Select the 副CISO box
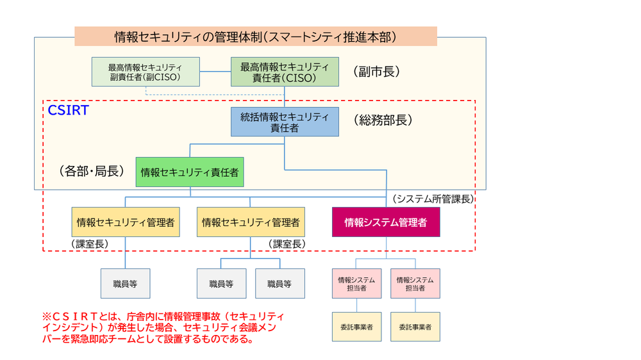(146, 72)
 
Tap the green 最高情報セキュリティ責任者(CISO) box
(285, 72)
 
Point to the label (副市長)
(376, 72)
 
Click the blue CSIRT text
(68, 110)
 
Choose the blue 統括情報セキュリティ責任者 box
(285, 122)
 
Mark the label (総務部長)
(383, 120)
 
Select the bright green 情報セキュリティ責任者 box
(190, 172)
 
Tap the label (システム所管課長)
(433, 199)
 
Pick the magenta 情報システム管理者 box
(386, 222)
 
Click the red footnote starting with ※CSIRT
(163, 327)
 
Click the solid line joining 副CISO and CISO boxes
(215, 72)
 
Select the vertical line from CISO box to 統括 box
(285, 97)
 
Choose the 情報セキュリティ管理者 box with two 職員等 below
(251, 222)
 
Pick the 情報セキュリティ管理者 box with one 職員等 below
(125, 222)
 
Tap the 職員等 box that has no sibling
(125, 283)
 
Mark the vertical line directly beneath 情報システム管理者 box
(387, 247)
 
